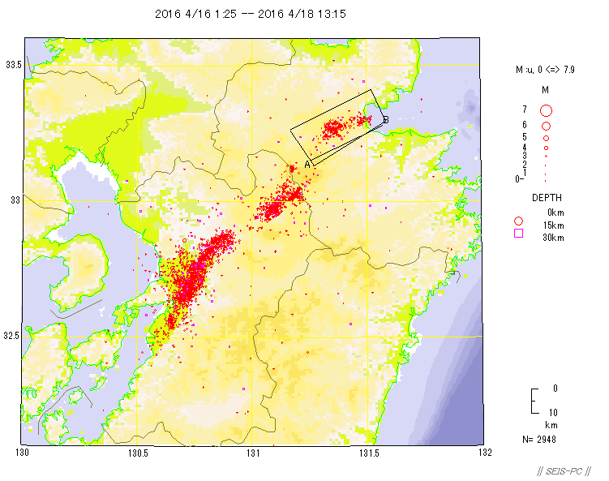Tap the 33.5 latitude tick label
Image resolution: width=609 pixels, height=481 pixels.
pyautogui.click(x=12, y=64)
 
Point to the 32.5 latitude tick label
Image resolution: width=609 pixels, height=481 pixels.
pyautogui.click(x=12, y=335)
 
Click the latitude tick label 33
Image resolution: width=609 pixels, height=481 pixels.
pyautogui.click(x=12, y=200)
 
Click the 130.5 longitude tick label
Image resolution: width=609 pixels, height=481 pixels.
pyautogui.click(x=137, y=453)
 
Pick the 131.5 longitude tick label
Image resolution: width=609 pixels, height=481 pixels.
pyautogui.click(x=370, y=453)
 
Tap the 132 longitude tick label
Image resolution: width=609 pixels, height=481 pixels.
pyautogui.click(x=485, y=453)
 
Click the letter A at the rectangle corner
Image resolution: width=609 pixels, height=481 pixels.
pyautogui.click(x=307, y=164)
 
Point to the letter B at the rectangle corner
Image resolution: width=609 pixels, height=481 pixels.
pyautogui.click(x=386, y=120)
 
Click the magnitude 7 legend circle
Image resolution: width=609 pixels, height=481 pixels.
pyautogui.click(x=547, y=110)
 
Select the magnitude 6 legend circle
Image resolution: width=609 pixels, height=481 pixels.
pyautogui.click(x=547, y=127)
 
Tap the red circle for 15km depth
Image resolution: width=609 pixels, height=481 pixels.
pyautogui.click(x=518, y=221)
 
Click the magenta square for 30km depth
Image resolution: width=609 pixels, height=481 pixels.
pyautogui.click(x=518, y=234)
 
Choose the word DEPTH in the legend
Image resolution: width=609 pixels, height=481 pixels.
pyautogui.click(x=547, y=197)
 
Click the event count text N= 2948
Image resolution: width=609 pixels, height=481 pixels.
pyautogui.click(x=539, y=440)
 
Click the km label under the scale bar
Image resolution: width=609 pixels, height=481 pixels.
pyautogui.click(x=551, y=424)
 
